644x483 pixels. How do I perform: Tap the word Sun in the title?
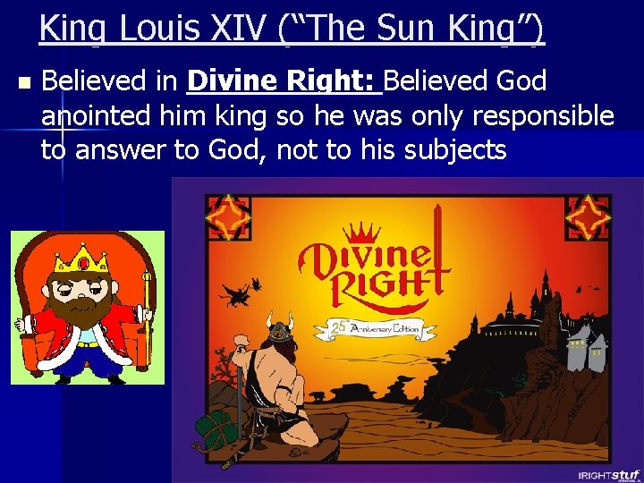[x=390, y=29]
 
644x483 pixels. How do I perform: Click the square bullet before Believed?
[x=23, y=83]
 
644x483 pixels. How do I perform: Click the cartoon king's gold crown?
[x=82, y=259]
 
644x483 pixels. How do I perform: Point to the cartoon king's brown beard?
[x=84, y=309]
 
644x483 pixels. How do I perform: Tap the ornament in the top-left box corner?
[x=228, y=216]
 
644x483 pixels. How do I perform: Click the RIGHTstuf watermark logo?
[x=608, y=474]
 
